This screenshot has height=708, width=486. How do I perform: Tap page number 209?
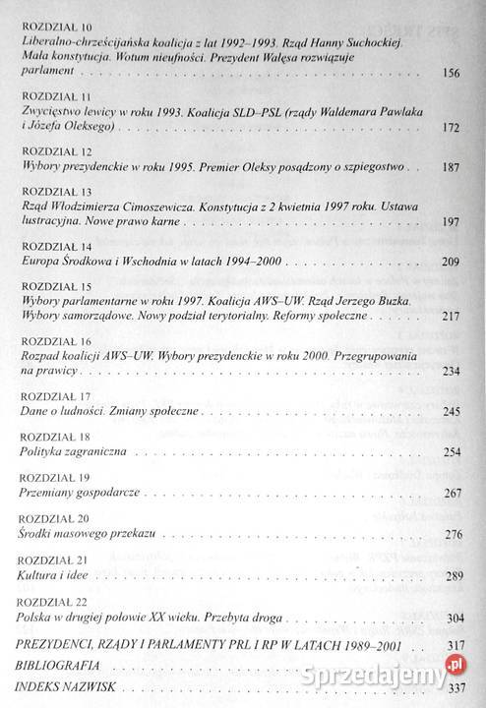(453, 265)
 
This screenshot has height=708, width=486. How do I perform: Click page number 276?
(453, 534)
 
